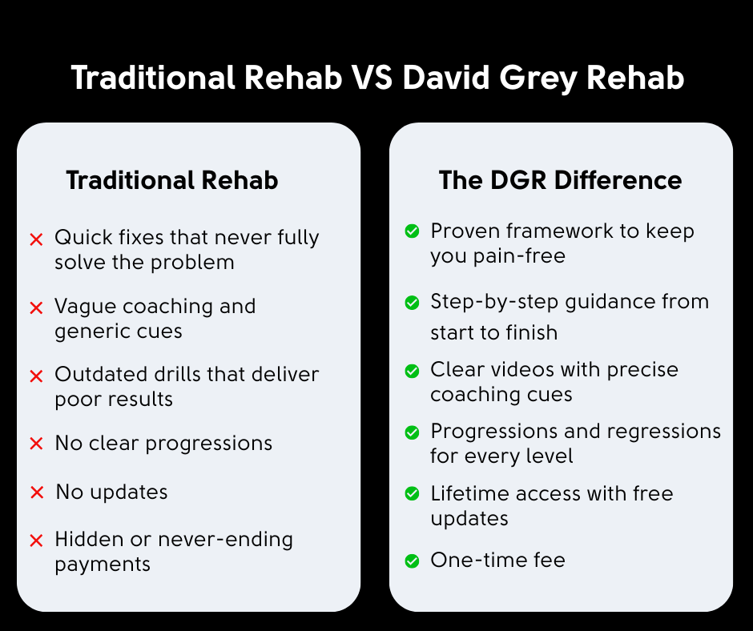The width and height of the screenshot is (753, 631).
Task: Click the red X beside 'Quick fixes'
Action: click(37, 239)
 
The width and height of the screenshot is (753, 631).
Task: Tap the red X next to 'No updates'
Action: click(37, 492)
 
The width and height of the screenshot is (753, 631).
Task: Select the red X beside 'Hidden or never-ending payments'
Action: click(37, 541)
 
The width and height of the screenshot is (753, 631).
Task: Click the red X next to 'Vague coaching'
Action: click(37, 307)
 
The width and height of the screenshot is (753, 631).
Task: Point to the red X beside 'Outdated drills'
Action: click(37, 376)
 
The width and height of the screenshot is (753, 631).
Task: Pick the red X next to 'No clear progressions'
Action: click(37, 444)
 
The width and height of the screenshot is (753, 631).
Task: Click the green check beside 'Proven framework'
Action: click(412, 231)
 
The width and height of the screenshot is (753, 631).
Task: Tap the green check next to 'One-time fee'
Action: click(412, 561)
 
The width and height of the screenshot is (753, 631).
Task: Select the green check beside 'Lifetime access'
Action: click(412, 493)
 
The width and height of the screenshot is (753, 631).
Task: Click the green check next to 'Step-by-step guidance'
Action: click(412, 303)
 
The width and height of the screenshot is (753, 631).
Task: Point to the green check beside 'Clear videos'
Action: click(412, 371)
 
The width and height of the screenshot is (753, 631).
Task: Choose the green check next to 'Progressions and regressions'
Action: click(412, 432)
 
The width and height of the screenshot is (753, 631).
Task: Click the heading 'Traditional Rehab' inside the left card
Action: click(172, 180)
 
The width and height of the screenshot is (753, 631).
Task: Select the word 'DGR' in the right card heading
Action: click(518, 180)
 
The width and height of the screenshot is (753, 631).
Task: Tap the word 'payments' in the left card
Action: click(103, 565)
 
